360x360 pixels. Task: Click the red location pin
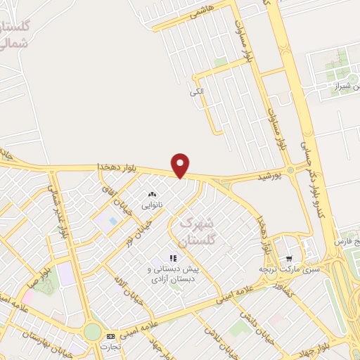coord(181,164)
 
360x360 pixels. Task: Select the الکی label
coord(196,92)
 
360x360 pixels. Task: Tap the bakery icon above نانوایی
coord(153,194)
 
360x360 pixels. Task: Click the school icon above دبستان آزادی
coord(174,259)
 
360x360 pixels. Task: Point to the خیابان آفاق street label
coord(117,198)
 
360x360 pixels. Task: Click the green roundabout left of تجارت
coord(92,332)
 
